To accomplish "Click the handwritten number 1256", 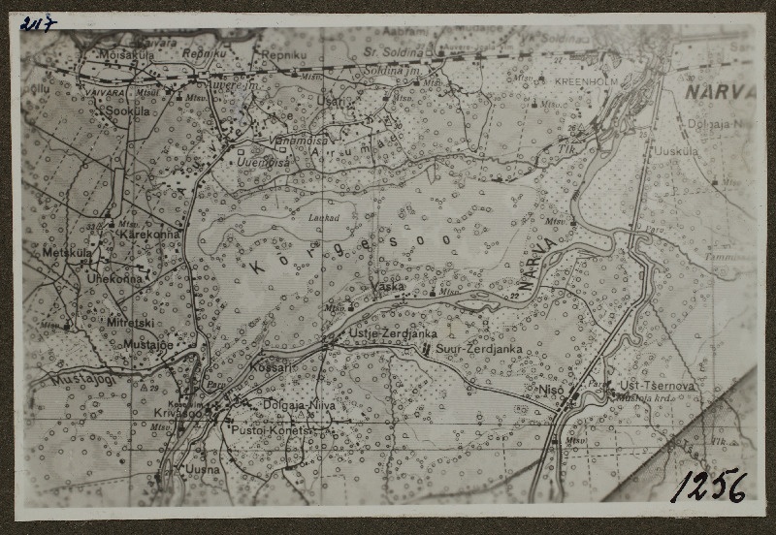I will click(x=709, y=485).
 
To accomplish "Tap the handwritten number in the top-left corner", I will click(x=38, y=23).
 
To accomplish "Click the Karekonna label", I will click(x=148, y=235).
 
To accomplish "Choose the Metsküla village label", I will click(x=67, y=253).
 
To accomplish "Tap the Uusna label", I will click(x=203, y=469).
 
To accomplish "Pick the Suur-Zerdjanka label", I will click(x=479, y=348).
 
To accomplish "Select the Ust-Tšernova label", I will click(x=657, y=386).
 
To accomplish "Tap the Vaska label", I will click(x=387, y=287).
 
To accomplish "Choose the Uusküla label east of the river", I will click(x=676, y=151).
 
